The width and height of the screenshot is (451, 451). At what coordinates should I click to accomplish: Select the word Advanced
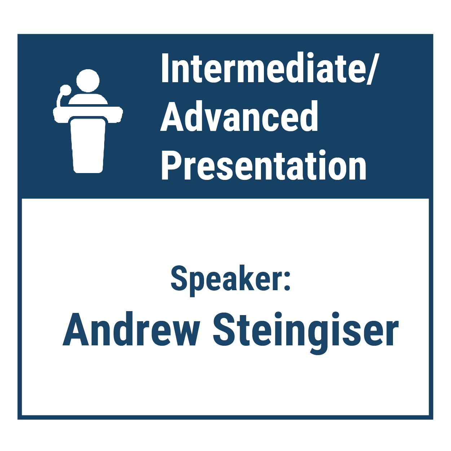[239, 116]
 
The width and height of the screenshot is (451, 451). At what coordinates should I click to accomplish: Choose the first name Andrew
[131, 328]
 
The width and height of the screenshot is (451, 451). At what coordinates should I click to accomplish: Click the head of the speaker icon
[88, 80]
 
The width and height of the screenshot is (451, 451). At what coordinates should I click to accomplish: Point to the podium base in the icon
[88, 146]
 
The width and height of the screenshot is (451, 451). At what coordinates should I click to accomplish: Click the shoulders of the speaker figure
[88, 99]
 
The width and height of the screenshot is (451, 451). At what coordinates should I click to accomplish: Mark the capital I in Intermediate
[165, 68]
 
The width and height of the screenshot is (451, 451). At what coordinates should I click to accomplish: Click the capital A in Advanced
[173, 116]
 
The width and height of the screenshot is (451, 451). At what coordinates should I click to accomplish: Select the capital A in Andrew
[76, 328]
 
